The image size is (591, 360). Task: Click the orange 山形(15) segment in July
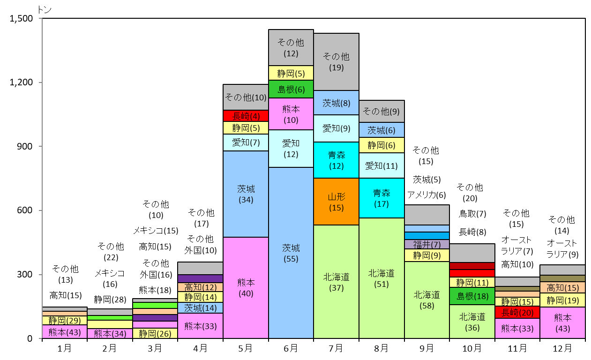tap(336, 202)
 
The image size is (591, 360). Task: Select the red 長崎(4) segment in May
tap(246, 116)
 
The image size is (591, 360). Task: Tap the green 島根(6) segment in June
tap(291, 89)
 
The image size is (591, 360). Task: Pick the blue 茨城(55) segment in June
tap(291, 253)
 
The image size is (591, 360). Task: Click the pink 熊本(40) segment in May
tap(246, 288)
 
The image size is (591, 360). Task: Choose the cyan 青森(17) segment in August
tap(382, 198)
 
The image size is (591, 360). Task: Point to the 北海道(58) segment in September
tap(426, 300)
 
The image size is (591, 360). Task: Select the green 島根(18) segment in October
tap(472, 296)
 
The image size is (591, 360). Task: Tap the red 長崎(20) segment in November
tap(517, 312)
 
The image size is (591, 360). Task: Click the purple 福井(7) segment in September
tap(426, 244)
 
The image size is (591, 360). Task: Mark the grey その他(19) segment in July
tap(336, 62)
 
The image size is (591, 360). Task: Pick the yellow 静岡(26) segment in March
tap(155, 333)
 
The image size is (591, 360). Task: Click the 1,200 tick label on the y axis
tap(21, 82)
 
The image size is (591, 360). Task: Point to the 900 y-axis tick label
tap(25, 146)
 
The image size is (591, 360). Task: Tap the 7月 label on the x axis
tap(336, 348)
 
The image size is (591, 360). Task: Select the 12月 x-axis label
tap(562, 348)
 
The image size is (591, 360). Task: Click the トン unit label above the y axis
tap(45, 10)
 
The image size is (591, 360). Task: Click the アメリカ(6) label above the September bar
tap(426, 195)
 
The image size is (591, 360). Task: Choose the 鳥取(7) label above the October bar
tap(472, 214)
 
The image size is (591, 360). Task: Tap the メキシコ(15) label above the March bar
tap(156, 231)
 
